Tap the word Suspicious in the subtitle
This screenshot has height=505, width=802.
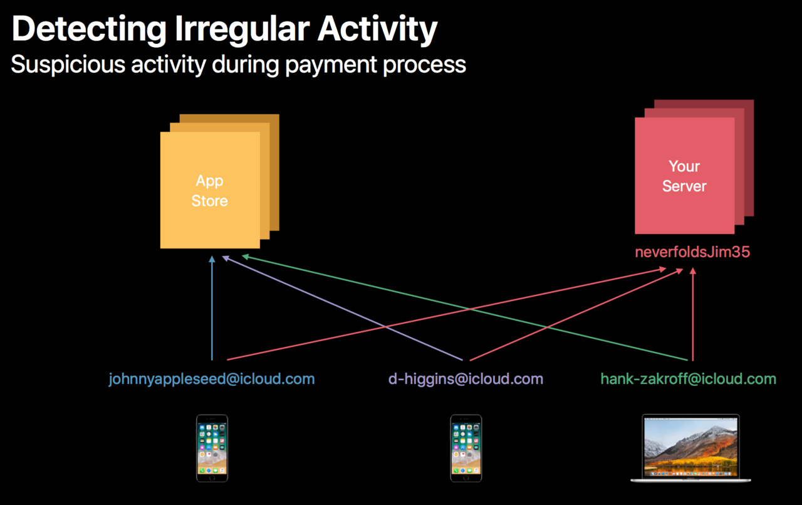tap(68, 65)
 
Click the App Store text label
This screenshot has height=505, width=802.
tap(209, 191)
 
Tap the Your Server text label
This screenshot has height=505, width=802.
tap(684, 176)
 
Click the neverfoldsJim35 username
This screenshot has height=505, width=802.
tap(692, 252)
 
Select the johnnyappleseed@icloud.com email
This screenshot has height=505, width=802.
tap(212, 379)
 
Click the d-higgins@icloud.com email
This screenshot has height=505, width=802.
tap(466, 379)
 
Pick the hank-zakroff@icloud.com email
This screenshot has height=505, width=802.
tap(689, 379)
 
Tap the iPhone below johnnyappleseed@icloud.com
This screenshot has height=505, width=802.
tap(212, 449)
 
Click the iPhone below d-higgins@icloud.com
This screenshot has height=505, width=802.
tap(466, 449)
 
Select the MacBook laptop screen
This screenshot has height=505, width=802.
tap(690, 447)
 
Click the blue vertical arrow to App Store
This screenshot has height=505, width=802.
tap(212, 308)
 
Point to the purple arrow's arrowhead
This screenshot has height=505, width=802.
tap(226, 258)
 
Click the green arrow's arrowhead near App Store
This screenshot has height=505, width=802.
tap(246, 257)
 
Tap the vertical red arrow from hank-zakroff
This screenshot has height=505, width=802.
tap(693, 314)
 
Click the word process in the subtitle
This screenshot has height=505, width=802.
tap(425, 65)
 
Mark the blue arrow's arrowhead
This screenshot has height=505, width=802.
tap(212, 259)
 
